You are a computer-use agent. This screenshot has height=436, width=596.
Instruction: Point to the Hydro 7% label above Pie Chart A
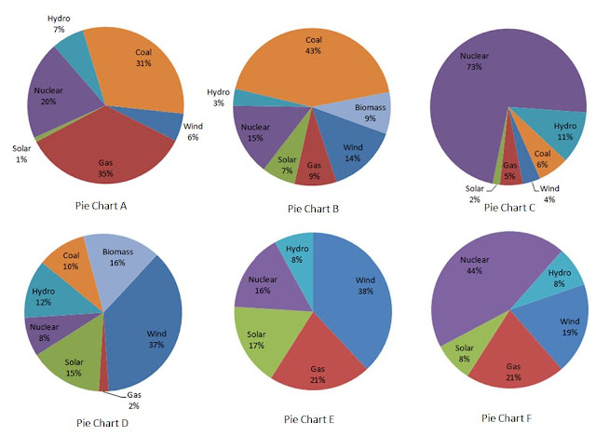pos(59,23)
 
